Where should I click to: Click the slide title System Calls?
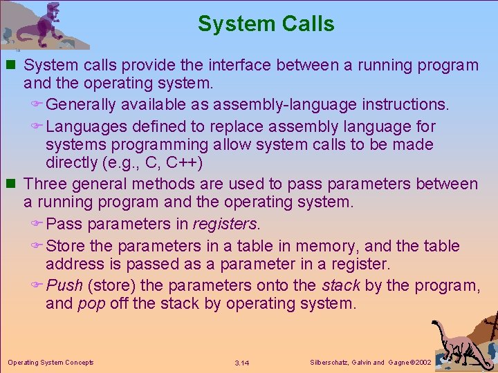pos(266,23)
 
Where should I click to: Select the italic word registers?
pos(226,224)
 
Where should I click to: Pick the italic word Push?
pos(64,285)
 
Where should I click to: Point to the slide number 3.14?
pos(242,363)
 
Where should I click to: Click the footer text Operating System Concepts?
pos(50,362)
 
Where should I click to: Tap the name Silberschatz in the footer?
pos(326,362)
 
